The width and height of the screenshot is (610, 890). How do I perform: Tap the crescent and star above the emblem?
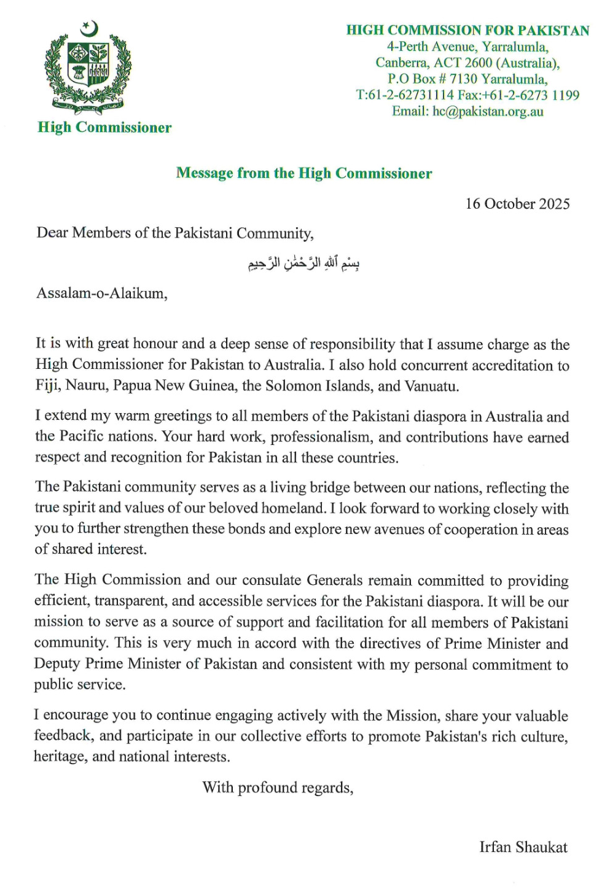click(90, 28)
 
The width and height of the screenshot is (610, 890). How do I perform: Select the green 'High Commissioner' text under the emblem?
click(104, 128)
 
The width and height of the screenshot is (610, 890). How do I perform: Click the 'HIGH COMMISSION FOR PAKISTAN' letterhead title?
click(467, 30)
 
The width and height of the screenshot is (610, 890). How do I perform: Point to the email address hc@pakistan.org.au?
click(488, 111)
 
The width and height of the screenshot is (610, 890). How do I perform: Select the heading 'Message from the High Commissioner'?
click(304, 173)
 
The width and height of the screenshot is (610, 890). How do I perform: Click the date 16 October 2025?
click(517, 204)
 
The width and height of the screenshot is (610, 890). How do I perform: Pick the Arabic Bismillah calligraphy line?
click(303, 263)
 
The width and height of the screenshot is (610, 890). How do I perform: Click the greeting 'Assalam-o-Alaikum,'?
click(101, 293)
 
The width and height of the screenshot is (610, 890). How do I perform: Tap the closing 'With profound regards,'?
click(278, 787)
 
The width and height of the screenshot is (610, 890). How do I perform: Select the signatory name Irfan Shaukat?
click(523, 848)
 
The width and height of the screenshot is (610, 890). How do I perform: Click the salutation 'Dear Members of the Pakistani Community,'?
click(175, 233)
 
